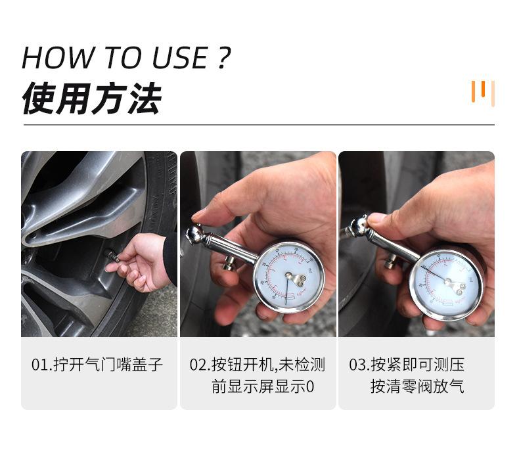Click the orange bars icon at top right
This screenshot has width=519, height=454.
pos(482,92)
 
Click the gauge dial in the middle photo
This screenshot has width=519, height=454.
pos(288,277)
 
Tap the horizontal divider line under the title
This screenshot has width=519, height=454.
pos(259,124)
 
